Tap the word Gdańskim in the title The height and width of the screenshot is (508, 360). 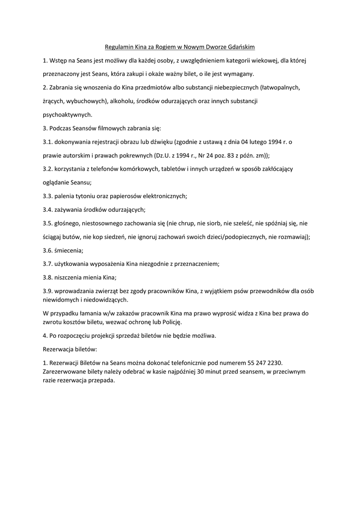(240, 47)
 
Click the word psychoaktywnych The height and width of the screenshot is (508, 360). (67, 115)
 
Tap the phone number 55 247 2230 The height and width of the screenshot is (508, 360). (258, 363)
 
